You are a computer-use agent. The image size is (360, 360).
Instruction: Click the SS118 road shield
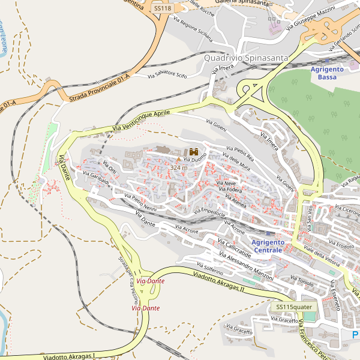click(x=162, y=8)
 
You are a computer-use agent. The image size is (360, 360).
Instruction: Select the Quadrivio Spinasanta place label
click(x=246, y=58)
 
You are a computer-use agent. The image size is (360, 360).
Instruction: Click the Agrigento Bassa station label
click(x=327, y=73)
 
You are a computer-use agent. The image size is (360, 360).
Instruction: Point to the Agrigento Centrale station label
click(x=268, y=246)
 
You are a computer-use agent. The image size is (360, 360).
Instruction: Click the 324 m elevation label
click(x=178, y=167)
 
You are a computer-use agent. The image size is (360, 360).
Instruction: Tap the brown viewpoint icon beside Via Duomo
click(x=194, y=152)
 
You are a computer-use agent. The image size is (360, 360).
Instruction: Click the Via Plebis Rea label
click(x=240, y=154)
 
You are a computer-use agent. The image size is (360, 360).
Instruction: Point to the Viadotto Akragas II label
click(x=219, y=281)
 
